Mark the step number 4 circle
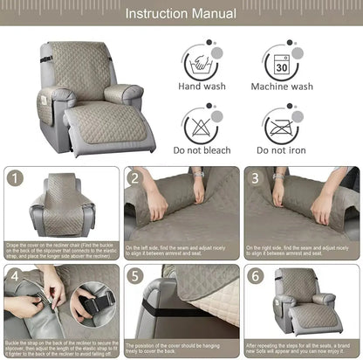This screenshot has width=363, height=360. (15, 277)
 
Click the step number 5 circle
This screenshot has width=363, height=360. (135, 277)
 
